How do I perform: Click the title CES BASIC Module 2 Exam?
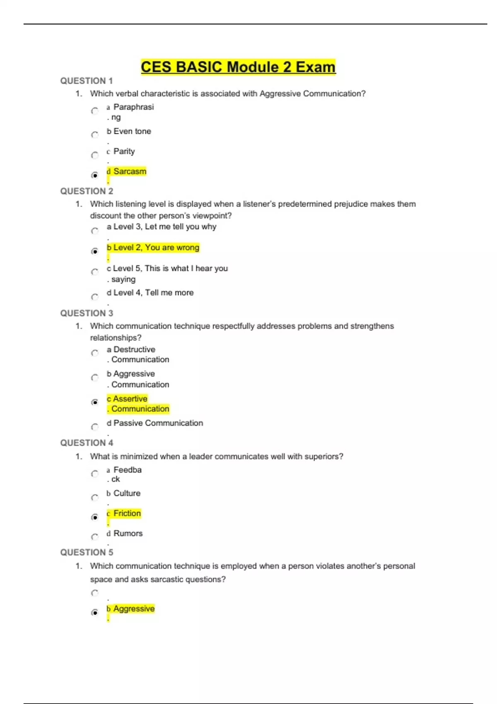click(x=238, y=67)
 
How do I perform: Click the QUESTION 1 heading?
click(x=87, y=81)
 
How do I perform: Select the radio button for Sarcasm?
click(x=95, y=175)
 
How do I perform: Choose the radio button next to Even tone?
click(x=95, y=135)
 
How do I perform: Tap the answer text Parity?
click(x=124, y=151)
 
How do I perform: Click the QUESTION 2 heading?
click(x=87, y=191)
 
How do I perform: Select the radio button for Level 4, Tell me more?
click(x=95, y=297)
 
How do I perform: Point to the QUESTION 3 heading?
click(x=87, y=313)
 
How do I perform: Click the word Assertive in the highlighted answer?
click(x=130, y=399)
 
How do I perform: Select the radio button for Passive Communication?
click(x=95, y=427)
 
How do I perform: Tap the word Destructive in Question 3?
click(x=134, y=350)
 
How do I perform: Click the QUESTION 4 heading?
click(x=87, y=443)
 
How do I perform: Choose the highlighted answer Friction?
click(x=127, y=514)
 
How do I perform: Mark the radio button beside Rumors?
click(x=95, y=537)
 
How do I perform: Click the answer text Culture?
click(x=127, y=493)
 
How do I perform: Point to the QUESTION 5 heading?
click(x=87, y=552)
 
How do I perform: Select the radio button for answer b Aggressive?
click(x=95, y=612)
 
